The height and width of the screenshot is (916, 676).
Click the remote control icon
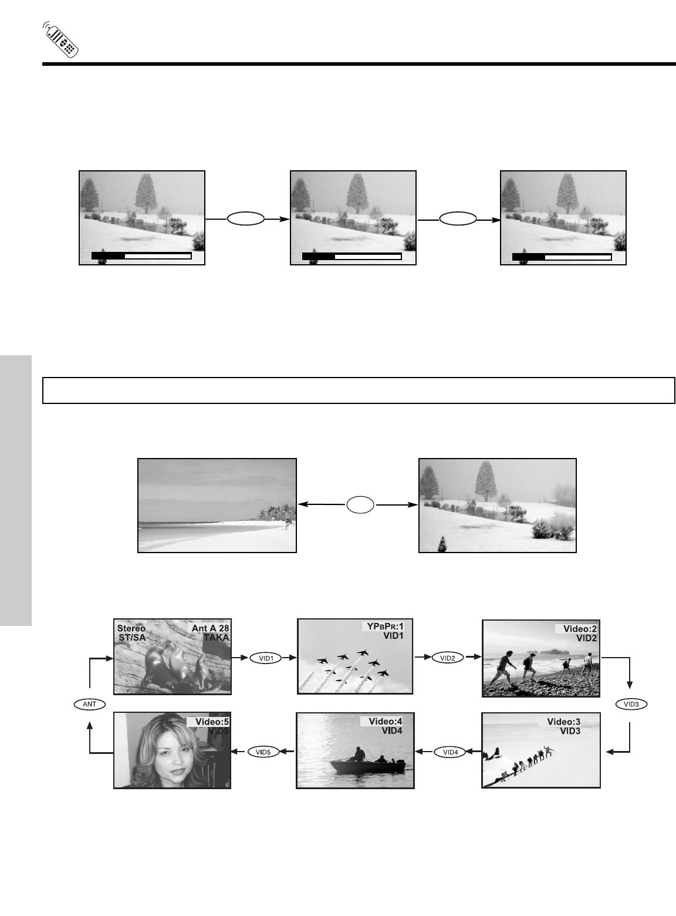coord(61,41)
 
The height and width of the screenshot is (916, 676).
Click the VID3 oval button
coord(630,703)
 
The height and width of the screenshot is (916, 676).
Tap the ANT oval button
coord(89,703)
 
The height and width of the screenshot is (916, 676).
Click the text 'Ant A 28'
coord(210,628)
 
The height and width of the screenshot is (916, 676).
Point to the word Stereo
coord(131,628)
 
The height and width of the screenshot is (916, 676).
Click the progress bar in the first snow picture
coord(141,256)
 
